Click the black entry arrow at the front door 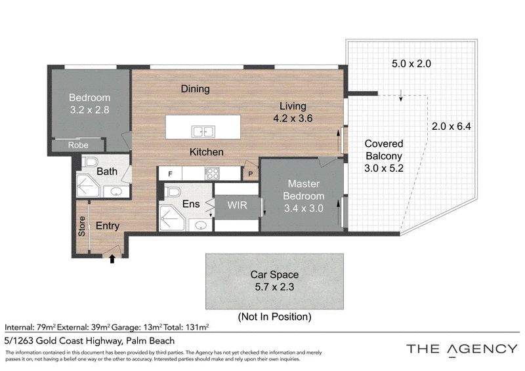(112, 259)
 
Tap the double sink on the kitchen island (203, 132)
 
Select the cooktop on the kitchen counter (212, 173)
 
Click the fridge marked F (171, 174)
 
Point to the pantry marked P (251, 174)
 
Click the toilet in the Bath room (91, 163)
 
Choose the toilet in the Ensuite (174, 191)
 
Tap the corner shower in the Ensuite (172, 219)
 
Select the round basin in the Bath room (116, 191)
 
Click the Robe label (78, 145)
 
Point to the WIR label (237, 205)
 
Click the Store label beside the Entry (82, 227)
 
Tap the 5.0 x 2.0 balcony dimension (411, 64)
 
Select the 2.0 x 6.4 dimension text (451, 126)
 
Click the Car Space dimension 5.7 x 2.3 (274, 286)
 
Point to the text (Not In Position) (274, 317)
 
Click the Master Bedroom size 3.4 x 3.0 (304, 208)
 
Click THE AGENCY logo (462, 349)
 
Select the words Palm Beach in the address (150, 341)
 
